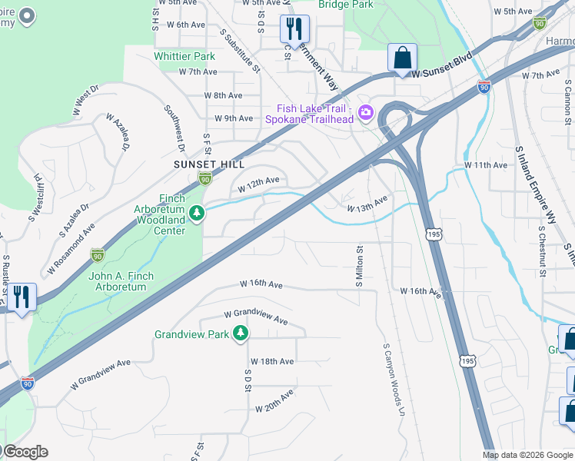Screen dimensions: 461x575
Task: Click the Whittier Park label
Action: [x=184, y=56]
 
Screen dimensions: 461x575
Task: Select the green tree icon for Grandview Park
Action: [x=241, y=333]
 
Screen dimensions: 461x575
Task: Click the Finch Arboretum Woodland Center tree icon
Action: [x=197, y=213]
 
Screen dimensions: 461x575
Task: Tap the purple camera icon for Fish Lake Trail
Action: [x=365, y=113]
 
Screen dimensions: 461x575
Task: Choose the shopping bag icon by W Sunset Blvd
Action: [x=402, y=58]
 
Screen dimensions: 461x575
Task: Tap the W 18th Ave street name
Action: [x=271, y=361]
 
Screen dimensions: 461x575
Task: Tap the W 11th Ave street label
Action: [x=486, y=165]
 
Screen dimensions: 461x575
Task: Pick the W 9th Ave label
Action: [x=234, y=118]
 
